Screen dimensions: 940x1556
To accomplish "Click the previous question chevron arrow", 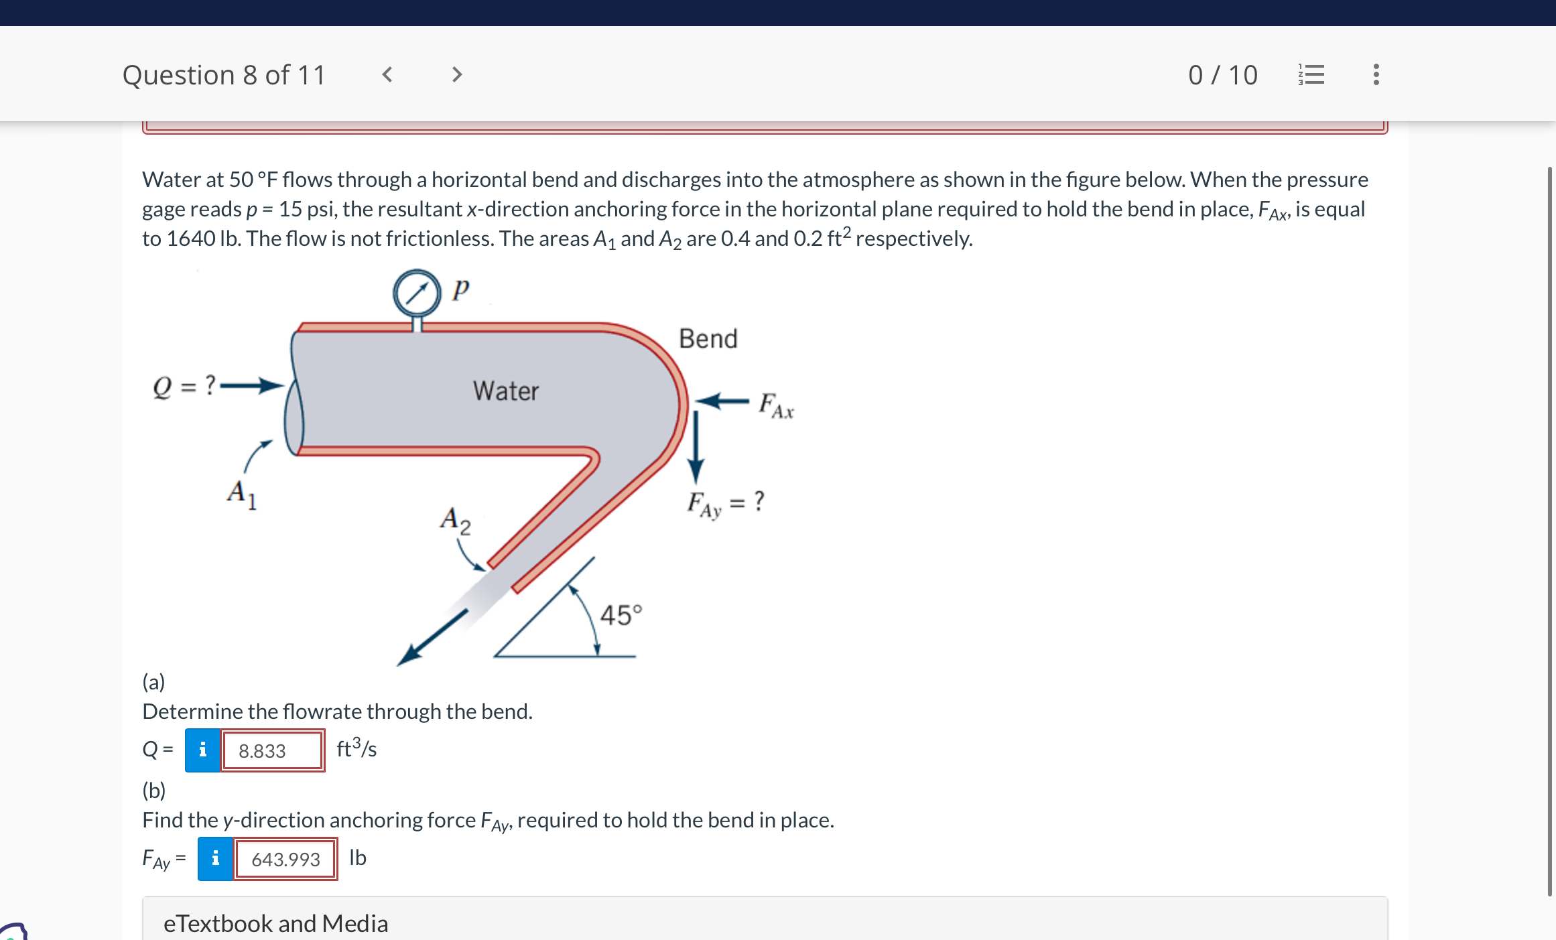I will pyautogui.click(x=387, y=74).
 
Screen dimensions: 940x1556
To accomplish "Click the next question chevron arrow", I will pyautogui.click(x=457, y=74).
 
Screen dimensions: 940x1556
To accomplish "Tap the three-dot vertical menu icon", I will pyautogui.click(x=1376, y=74).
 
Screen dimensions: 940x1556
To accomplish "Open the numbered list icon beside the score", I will pyautogui.click(x=1311, y=74).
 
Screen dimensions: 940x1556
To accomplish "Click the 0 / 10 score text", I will pyautogui.click(x=1222, y=75).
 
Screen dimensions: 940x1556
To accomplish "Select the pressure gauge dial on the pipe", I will pyautogui.click(x=417, y=293).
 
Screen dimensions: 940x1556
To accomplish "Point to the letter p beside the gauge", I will pyautogui.click(x=460, y=289).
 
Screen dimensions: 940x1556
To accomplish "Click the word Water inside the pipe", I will pyautogui.click(x=505, y=391).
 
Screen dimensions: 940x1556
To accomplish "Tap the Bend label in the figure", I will pyautogui.click(x=708, y=339).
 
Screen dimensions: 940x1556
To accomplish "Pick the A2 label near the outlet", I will pyautogui.click(x=455, y=520).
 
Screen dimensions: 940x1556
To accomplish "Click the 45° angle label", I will pyautogui.click(x=620, y=614).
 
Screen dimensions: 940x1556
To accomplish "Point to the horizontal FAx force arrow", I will pyautogui.click(x=722, y=401).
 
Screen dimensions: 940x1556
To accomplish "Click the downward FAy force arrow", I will pyautogui.click(x=696, y=446).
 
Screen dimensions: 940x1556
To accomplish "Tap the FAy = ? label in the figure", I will pyautogui.click(x=725, y=503).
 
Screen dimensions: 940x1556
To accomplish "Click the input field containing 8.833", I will pyautogui.click(x=272, y=750).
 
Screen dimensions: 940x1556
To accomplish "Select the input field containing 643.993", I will pyautogui.click(x=285, y=859).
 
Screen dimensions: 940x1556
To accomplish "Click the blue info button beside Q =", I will pyautogui.click(x=202, y=750).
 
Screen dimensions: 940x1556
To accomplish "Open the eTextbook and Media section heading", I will pyautogui.click(x=275, y=923).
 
